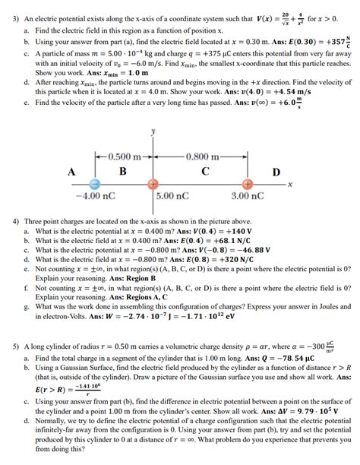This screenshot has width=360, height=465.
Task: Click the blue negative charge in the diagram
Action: pos(95,185)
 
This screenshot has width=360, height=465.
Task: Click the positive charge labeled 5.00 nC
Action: pos(153,185)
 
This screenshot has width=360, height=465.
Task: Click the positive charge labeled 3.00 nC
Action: pos(248,185)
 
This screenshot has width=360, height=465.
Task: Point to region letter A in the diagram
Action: pos(71,171)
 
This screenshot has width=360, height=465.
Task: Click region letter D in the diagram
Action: pos(276,171)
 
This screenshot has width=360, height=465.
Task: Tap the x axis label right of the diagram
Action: pos(290,185)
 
